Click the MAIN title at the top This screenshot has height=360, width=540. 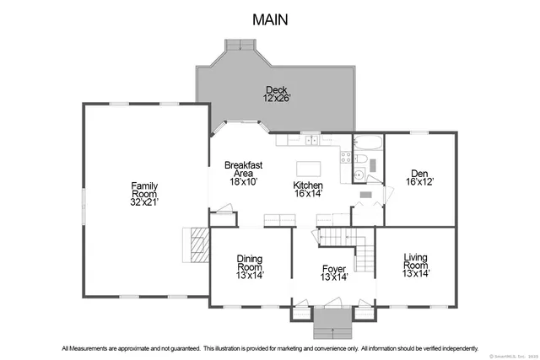(270, 19)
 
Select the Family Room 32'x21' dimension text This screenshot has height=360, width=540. (144, 201)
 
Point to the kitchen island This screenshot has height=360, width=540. (309, 166)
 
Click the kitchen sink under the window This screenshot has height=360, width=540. (311, 141)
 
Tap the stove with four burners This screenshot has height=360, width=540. (346, 155)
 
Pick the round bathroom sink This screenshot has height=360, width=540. (359, 176)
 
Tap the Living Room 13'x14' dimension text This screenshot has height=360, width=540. (416, 273)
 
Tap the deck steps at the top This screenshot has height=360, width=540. (239, 45)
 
